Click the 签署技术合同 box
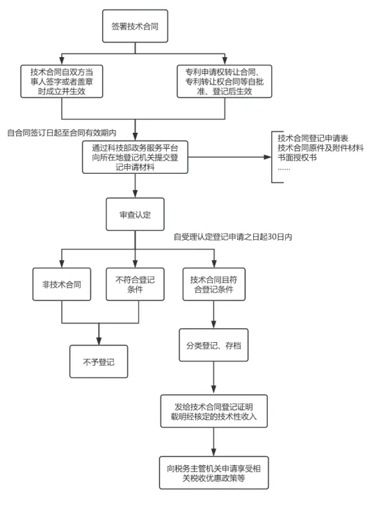[135, 26]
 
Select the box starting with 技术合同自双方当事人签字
[62, 81]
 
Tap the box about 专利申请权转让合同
[225, 81]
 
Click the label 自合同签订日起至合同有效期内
[62, 133]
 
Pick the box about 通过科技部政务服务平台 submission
[135, 157]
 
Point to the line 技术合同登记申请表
[313, 138]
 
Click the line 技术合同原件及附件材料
[321, 148]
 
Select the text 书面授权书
[297, 158]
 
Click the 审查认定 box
[135, 214]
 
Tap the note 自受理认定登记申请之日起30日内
[233, 237]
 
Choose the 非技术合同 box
[62, 284]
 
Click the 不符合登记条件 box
[135, 284]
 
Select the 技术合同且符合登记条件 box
[214, 284]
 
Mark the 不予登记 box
[99, 362]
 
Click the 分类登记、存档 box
[213, 345]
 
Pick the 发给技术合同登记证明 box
[214, 411]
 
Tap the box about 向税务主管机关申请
[214, 473]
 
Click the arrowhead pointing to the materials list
[268, 157]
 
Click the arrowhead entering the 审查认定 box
[135, 194]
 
